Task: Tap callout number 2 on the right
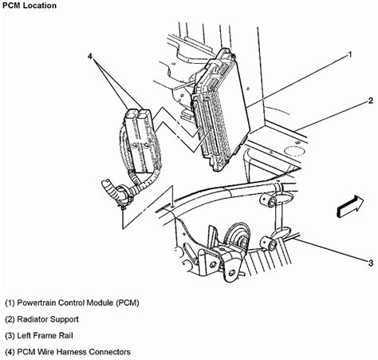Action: pos(370,101)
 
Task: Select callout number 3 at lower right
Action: pos(370,261)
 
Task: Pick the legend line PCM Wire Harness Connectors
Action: pos(67,351)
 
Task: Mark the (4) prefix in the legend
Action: pos(10,351)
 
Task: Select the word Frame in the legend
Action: pos(54,335)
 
